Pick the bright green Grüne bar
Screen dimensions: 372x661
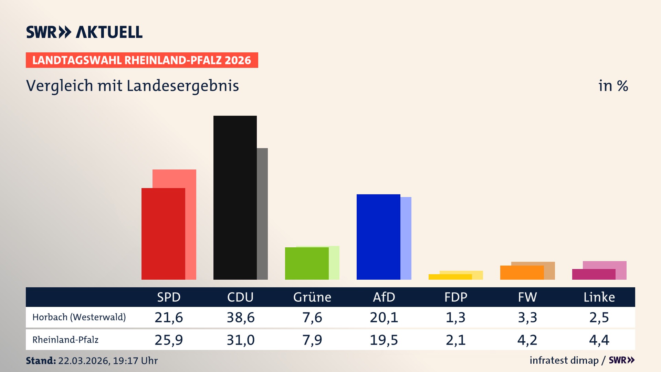(306, 263)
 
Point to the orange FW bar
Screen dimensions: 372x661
(522, 272)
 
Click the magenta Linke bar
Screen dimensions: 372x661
(594, 274)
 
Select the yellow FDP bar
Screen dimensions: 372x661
(450, 277)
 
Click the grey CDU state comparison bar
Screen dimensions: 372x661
(262, 214)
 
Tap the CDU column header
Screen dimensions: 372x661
(240, 297)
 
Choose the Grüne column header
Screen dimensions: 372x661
(312, 297)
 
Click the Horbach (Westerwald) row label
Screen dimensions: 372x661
(79, 317)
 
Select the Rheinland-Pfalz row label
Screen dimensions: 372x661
(65, 340)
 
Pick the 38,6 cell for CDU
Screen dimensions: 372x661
(240, 317)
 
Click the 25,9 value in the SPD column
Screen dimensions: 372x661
(169, 340)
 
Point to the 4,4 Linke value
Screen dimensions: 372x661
(599, 340)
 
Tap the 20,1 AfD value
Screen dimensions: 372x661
(384, 317)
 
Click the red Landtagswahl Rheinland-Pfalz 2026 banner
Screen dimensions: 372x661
(142, 60)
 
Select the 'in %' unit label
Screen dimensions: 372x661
(613, 86)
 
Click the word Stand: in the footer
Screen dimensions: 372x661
(41, 361)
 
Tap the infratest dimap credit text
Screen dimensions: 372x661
(564, 360)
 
